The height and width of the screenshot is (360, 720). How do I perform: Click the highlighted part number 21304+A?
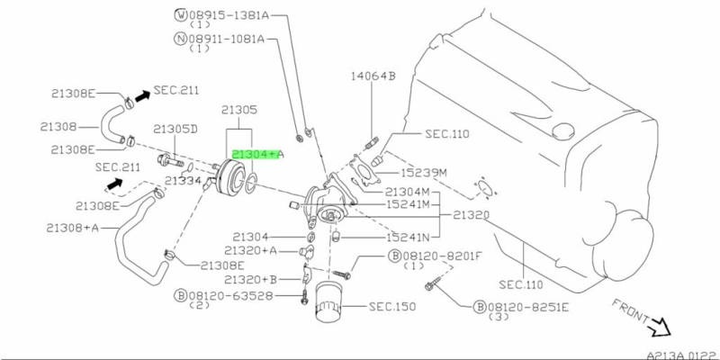pos(258,155)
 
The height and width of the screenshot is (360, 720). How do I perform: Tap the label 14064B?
pos(373,76)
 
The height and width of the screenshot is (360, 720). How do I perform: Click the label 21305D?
pos(175,129)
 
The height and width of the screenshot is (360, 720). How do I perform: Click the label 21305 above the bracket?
pos(240,110)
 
